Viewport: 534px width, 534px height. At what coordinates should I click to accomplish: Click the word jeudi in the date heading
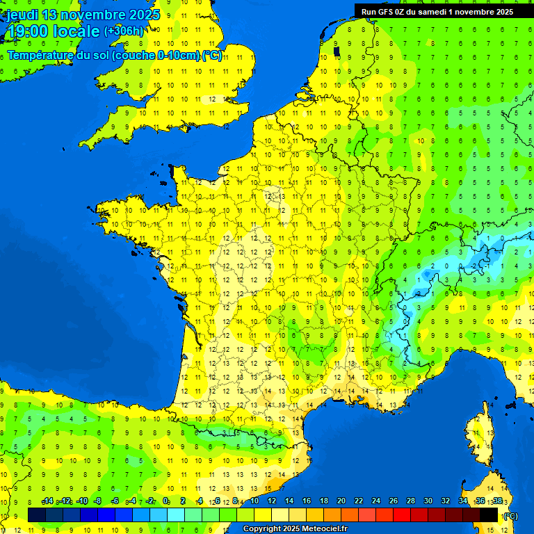pos(23,15)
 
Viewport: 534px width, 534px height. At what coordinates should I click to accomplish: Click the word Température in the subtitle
pos(42,56)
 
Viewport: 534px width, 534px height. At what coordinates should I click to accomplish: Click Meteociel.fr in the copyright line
pos(326,529)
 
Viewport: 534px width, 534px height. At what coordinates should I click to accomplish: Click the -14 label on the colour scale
pos(47,501)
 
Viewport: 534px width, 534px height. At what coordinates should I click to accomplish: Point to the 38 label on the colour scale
pos(497,501)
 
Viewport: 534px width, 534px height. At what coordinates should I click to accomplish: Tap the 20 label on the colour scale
pos(341,501)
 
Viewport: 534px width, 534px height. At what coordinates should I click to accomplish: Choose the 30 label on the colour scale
pos(428,501)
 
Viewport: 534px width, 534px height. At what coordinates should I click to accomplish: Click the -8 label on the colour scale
pos(97,501)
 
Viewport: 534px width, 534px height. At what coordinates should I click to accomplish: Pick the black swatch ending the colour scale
pos(489,515)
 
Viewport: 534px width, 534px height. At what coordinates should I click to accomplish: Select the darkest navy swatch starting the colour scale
pos(37,515)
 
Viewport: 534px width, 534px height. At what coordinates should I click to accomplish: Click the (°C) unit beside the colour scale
pos(510,515)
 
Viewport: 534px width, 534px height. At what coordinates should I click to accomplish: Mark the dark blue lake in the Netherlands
pos(337,50)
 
